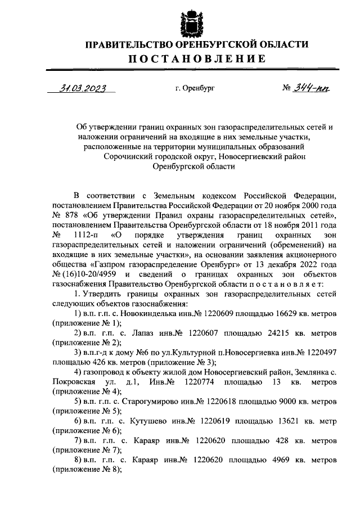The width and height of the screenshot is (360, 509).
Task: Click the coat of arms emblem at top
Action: [x=190, y=20]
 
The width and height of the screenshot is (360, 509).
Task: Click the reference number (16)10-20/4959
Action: [x=93, y=273]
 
